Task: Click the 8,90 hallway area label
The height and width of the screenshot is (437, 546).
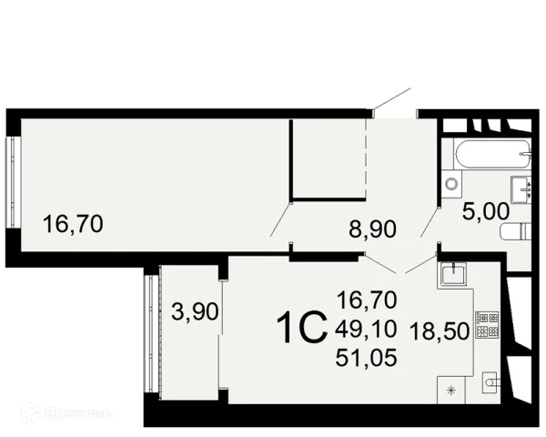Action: pyautogui.click(x=372, y=229)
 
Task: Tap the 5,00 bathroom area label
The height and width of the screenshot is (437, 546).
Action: pyautogui.click(x=485, y=211)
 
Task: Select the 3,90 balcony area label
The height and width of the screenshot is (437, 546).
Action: pyautogui.click(x=195, y=311)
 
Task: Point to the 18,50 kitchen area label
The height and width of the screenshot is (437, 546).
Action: pyautogui.click(x=440, y=331)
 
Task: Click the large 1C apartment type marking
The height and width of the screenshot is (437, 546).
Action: pyautogui.click(x=302, y=328)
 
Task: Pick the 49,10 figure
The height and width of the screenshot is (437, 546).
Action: pyautogui.click(x=367, y=329)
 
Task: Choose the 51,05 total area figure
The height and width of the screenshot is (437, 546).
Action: pyautogui.click(x=367, y=358)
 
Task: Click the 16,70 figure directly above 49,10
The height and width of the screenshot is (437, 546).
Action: pyautogui.click(x=367, y=300)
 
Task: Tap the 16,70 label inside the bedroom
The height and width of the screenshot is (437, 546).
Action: pyautogui.click(x=73, y=224)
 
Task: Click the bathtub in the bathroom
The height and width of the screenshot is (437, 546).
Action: pyautogui.click(x=492, y=153)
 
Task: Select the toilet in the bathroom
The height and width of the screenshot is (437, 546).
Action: pyautogui.click(x=516, y=231)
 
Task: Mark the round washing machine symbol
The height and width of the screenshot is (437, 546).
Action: pyautogui.click(x=451, y=184)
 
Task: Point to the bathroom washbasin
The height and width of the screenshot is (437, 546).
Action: pyautogui.click(x=521, y=189)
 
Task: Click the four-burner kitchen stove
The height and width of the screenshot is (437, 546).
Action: pyautogui.click(x=487, y=325)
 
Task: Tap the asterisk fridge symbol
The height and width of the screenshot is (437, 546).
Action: pyautogui.click(x=451, y=391)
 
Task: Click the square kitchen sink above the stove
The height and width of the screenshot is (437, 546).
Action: pyautogui.click(x=453, y=274)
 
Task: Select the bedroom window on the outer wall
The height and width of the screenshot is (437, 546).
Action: pyautogui.click(x=14, y=182)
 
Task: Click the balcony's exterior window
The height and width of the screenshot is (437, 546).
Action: pyautogui.click(x=153, y=333)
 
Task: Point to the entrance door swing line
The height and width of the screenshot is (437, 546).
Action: pyautogui.click(x=392, y=99)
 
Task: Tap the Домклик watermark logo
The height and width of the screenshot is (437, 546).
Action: pyautogui.click(x=66, y=413)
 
